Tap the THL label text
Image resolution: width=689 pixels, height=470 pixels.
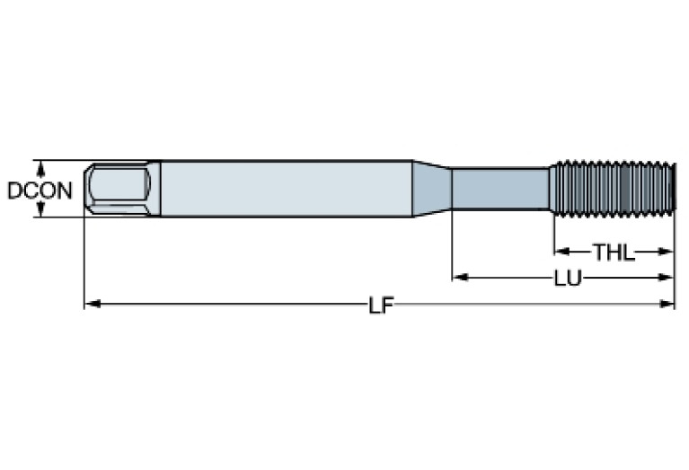coord(614,253)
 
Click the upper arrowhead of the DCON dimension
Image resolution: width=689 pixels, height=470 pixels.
coord(40,166)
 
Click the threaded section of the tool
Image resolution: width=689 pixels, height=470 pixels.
coord(611,189)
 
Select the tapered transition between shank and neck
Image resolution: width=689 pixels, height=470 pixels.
coord(431,189)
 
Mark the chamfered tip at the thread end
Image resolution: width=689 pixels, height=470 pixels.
coord(669,189)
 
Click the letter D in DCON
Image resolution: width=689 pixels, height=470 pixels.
coord(13,191)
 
